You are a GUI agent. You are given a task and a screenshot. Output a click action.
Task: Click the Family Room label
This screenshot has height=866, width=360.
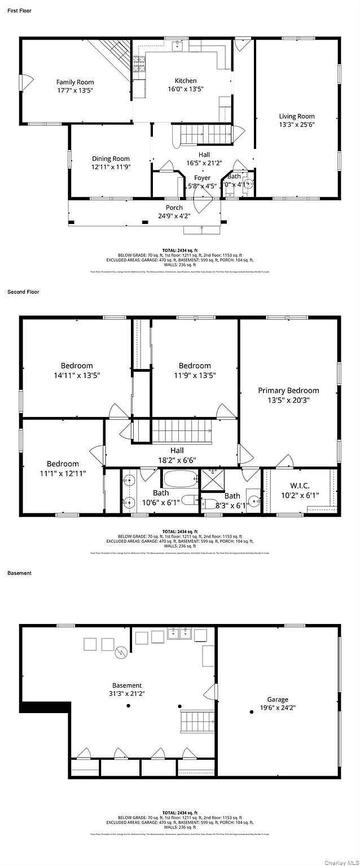click(75, 82)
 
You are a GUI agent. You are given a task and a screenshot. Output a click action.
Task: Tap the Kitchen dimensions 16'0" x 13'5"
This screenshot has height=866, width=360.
click(186, 89)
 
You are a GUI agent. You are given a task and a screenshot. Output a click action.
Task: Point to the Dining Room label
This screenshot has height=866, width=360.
click(111, 159)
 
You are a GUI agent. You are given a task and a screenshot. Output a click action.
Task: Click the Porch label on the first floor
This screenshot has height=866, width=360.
click(174, 208)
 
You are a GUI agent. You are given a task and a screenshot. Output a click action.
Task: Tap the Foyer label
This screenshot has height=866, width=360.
click(202, 178)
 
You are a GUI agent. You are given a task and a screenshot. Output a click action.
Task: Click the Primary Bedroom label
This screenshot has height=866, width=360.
click(288, 390)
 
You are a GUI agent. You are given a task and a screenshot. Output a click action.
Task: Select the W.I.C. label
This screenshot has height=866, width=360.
click(300, 485)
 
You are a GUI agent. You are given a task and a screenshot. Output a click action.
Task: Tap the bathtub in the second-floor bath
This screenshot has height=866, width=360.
click(181, 480)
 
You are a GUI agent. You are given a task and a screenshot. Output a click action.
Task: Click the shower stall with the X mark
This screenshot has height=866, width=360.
click(212, 480)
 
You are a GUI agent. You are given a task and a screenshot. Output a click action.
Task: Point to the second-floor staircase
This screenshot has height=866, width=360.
click(181, 432)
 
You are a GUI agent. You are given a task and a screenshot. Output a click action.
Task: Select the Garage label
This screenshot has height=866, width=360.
click(278, 700)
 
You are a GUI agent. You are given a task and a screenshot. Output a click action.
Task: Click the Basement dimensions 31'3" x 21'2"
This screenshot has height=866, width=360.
click(127, 693)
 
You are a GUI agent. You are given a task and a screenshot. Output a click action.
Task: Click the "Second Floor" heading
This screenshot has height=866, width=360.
click(23, 292)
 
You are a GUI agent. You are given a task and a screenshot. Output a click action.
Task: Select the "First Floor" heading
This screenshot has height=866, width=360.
click(20, 11)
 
